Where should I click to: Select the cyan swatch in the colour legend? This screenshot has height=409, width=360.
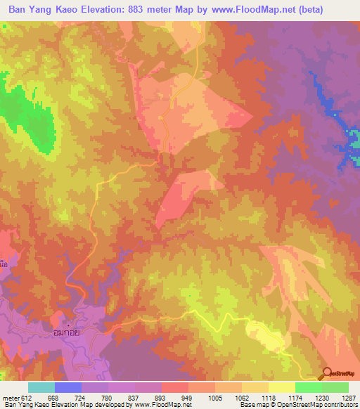41,387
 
